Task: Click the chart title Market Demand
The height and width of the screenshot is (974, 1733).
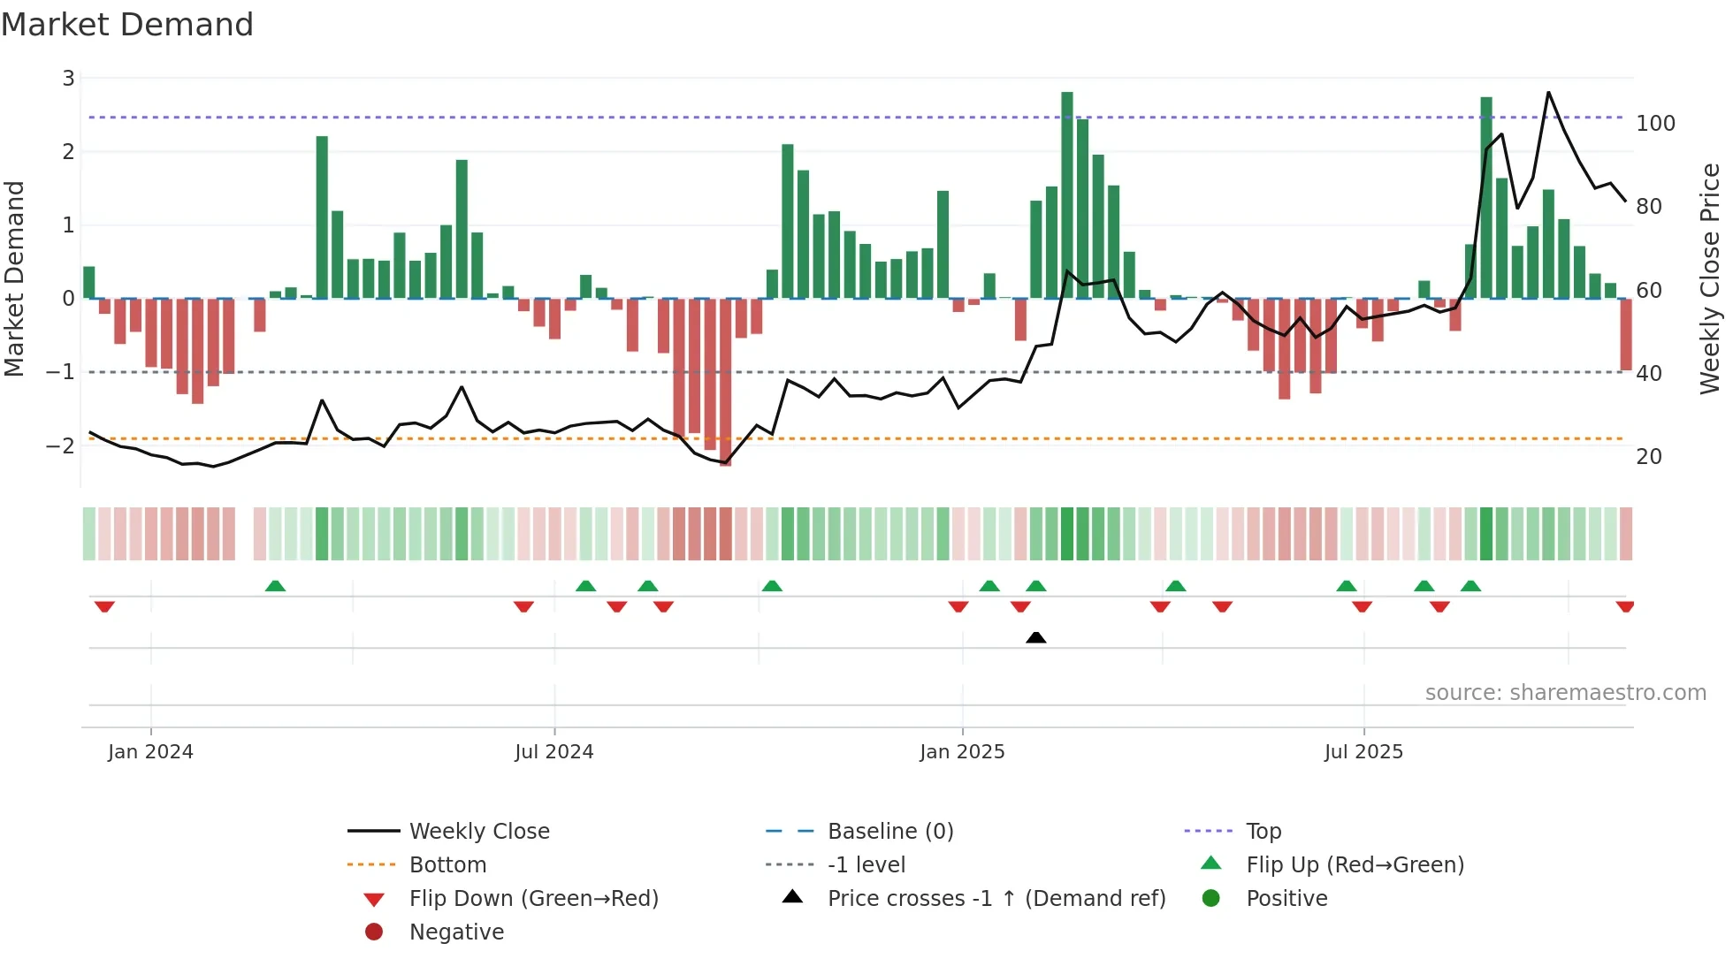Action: pos(127,25)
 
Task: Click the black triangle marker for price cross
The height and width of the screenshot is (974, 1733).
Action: pos(1036,637)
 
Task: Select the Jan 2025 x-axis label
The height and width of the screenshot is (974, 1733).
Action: pos(962,752)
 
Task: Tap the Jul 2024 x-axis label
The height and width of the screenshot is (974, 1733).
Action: pos(554,752)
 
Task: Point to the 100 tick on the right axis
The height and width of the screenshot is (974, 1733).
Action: pos(1655,124)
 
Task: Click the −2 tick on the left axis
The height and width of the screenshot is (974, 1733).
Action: pos(60,445)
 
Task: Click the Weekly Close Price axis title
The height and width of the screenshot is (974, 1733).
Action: pos(1710,278)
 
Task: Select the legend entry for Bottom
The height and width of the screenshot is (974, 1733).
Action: pos(447,865)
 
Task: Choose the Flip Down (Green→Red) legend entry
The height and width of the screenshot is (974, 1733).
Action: pos(533,899)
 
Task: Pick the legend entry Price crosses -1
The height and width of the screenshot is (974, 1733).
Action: pos(996,899)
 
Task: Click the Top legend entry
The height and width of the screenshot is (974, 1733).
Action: pos(1263,832)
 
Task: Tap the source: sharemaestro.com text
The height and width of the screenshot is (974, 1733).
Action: pos(1565,693)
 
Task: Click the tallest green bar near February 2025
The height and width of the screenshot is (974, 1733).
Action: pos(1067,194)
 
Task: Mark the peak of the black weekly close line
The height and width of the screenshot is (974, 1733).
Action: pos(1548,93)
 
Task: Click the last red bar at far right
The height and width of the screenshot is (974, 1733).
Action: pos(1626,334)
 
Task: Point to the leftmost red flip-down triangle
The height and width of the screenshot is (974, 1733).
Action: pos(104,606)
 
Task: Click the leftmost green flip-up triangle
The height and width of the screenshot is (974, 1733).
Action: pos(275,586)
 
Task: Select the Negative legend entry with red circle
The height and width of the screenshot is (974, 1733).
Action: pos(456,932)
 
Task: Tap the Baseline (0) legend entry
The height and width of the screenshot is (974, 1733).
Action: pos(889,832)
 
